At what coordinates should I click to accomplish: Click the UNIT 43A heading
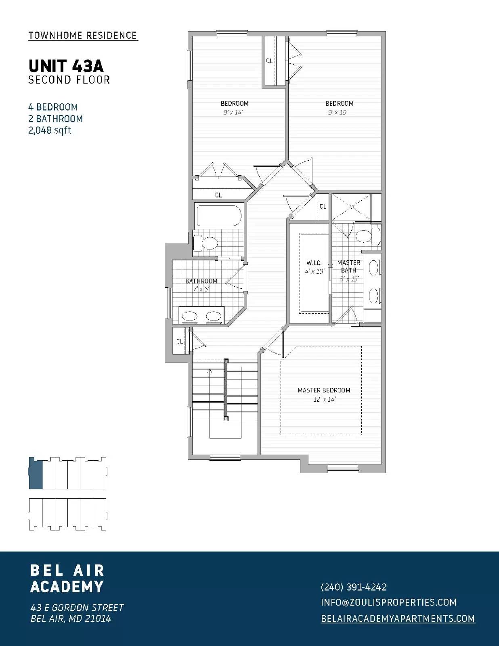(66, 65)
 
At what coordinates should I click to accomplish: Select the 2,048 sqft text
(50, 130)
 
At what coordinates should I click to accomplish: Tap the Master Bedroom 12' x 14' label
(324, 394)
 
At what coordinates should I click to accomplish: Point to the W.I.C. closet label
(314, 267)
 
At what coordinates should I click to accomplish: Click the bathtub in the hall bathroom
(218, 216)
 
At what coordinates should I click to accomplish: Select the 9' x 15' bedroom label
(339, 107)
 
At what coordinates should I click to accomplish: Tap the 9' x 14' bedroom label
(234, 107)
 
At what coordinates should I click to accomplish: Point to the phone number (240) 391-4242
(354, 587)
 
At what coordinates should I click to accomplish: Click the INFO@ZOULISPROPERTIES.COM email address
(388, 602)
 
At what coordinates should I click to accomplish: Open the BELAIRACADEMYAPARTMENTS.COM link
(398, 618)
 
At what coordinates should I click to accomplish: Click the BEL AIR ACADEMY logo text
(67, 578)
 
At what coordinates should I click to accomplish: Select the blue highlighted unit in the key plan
(36, 473)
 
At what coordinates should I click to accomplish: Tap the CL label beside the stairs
(180, 341)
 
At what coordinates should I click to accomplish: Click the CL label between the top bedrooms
(269, 61)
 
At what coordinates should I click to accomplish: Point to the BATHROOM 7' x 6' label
(201, 285)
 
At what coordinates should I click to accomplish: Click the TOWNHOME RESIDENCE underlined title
(83, 36)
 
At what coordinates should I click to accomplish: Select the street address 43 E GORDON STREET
(77, 607)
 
